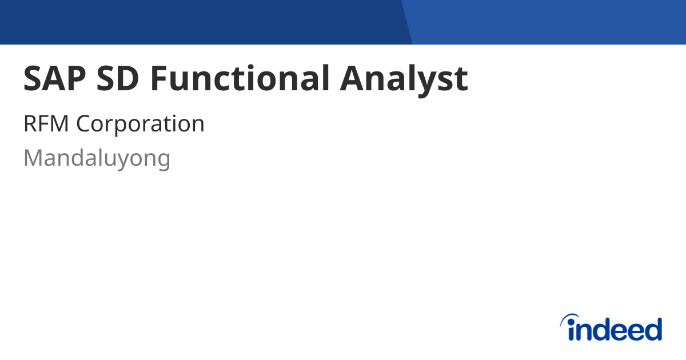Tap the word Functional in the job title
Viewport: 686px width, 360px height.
pyautogui.click(x=240, y=79)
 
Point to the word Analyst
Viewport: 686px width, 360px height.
pyautogui.click(x=404, y=79)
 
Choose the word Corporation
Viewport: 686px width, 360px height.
pyautogui.click(x=140, y=124)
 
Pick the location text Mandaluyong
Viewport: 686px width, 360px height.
pyautogui.click(x=97, y=158)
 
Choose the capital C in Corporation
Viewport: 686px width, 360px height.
pyautogui.click(x=83, y=124)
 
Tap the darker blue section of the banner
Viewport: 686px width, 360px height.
pyautogui.click(x=200, y=22)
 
